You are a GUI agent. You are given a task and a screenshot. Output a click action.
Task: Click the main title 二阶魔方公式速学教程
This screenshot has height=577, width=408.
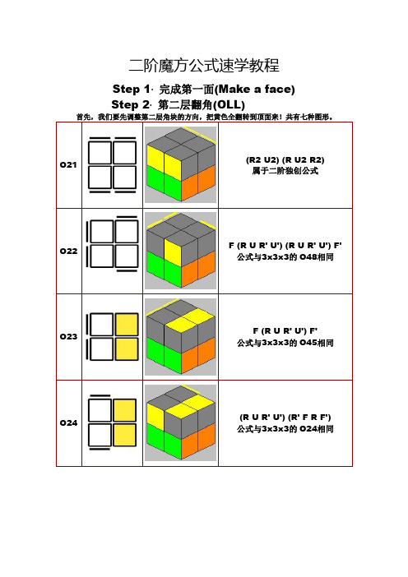(x=204, y=65)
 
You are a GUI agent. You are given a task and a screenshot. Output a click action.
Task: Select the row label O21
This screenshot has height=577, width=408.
(x=70, y=165)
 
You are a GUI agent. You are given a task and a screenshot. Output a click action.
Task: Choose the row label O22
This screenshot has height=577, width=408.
(x=70, y=251)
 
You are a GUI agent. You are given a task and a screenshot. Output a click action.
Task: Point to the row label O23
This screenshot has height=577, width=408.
(x=70, y=336)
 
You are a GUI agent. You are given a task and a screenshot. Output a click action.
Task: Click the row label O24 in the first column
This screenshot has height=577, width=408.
(x=70, y=422)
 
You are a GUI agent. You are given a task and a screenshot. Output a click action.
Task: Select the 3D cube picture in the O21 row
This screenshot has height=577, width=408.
(x=180, y=165)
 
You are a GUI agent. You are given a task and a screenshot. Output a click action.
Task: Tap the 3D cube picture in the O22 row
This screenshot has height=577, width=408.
(x=180, y=251)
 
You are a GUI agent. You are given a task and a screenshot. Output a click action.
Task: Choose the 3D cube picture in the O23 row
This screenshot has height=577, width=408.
(x=180, y=336)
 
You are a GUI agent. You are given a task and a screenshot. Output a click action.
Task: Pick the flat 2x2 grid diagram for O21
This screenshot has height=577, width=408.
(x=112, y=165)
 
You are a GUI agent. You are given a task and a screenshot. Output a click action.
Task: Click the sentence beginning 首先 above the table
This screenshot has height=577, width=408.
(x=203, y=117)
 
